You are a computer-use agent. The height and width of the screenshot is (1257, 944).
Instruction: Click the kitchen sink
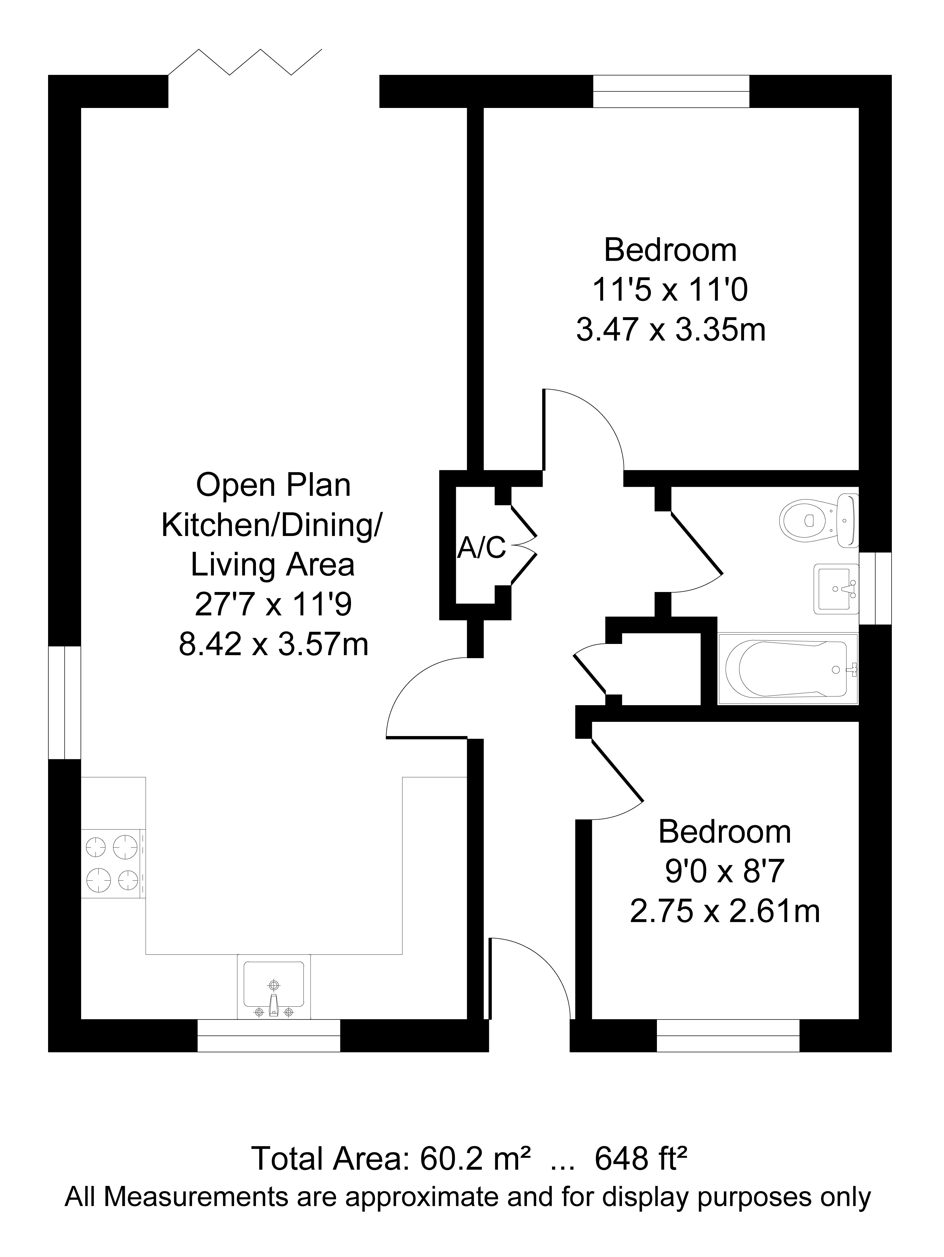click(274, 986)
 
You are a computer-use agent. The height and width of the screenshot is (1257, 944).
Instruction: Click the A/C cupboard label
click(481, 548)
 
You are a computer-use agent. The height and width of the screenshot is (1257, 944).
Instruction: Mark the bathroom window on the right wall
click(875, 588)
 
